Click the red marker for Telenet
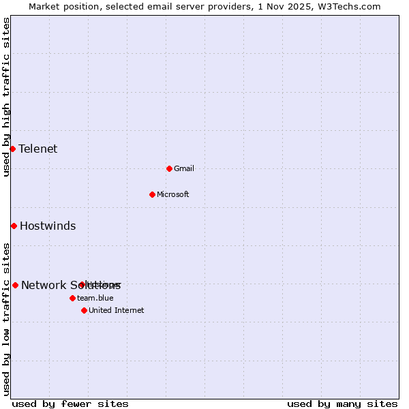click(12, 149)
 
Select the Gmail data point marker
click(169, 168)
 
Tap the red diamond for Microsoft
click(152, 194)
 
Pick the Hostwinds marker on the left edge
click(14, 226)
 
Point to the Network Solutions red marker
click(15, 285)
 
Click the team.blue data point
click(72, 298)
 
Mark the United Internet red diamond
click(84, 310)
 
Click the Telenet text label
click(37, 149)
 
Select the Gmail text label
click(184, 168)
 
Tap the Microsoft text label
click(172, 194)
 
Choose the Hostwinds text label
click(48, 226)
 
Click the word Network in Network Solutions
click(43, 285)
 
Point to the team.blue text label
click(95, 298)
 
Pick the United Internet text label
click(116, 310)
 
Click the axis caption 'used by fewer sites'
click(70, 404)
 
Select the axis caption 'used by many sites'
click(342, 404)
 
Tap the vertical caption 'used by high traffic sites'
click(6, 97)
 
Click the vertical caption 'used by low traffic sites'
click(6, 319)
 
